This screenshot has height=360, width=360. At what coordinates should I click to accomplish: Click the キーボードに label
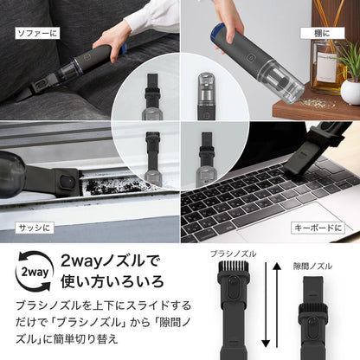coord(318,227)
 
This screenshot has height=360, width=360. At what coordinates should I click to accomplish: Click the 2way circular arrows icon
coord(31,269)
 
